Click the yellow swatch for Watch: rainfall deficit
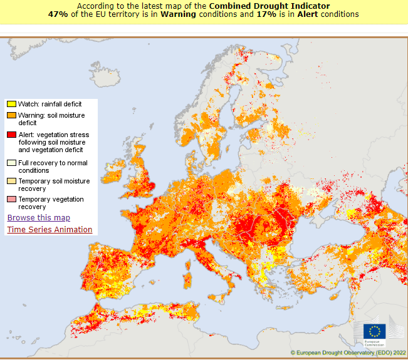[11, 103]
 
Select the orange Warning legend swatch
[11, 116]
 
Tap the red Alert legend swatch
[11, 135]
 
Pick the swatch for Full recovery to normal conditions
[11, 163]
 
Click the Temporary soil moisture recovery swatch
[11, 181]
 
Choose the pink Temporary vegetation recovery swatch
[11, 199]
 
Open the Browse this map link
[38, 218]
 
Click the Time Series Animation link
[50, 230]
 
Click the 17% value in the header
[265, 14]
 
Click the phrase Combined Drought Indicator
[269, 6]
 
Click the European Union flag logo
[375, 332]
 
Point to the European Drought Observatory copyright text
[348, 353]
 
